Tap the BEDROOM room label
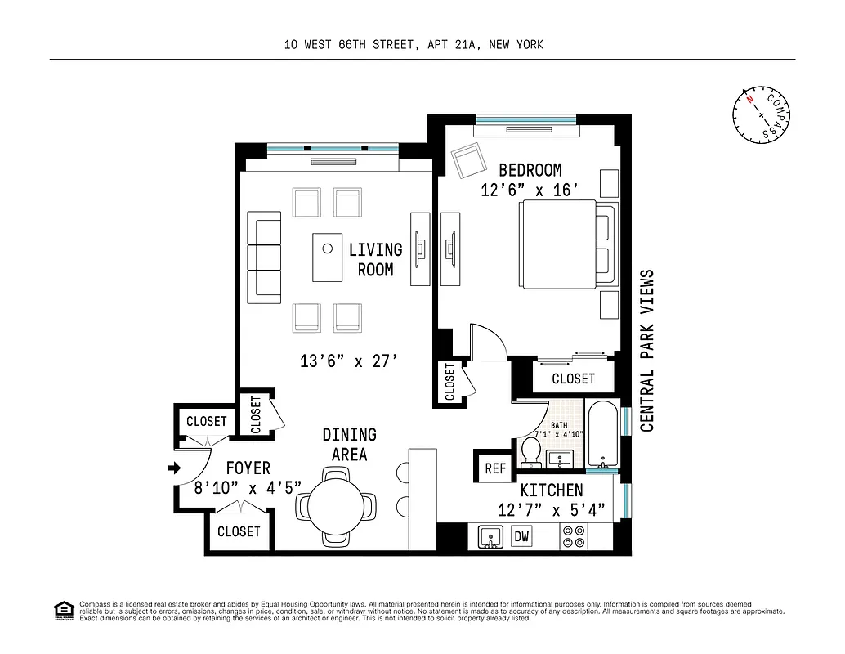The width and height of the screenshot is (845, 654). point(530,171)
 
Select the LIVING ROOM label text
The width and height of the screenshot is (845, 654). point(375,259)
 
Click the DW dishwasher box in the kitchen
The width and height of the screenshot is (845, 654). point(521,537)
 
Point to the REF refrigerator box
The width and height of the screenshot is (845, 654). point(495,468)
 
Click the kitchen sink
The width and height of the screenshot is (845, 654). point(490,537)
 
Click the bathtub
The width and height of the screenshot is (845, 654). point(603,435)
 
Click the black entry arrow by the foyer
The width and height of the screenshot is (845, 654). point(172,468)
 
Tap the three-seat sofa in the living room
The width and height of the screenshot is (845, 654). point(265,256)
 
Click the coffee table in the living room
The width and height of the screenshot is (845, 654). point(327,257)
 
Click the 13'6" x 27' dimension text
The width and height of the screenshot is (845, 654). point(349,361)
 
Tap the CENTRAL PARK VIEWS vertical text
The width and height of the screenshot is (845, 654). point(647,350)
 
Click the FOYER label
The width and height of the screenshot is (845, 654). point(248,468)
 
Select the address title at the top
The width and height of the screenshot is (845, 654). point(413,45)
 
